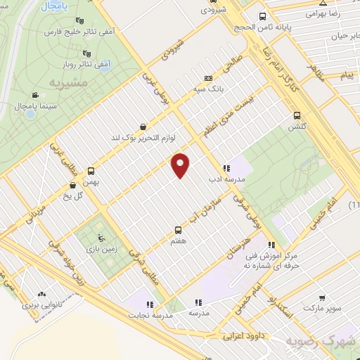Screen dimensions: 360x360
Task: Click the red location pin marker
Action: pyautogui.click(x=181, y=165)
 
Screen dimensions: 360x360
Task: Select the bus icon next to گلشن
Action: pyautogui.click(x=296, y=115)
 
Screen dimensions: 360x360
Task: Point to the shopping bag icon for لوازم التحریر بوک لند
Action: pyautogui.click(x=144, y=127)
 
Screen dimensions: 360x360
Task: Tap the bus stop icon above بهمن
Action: pyautogui.click(x=91, y=171)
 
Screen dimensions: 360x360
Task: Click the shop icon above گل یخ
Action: pyautogui.click(x=74, y=186)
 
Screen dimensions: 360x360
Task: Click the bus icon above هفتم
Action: pyautogui.click(x=176, y=230)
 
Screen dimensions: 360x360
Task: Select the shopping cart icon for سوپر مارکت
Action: pyautogui.click(x=322, y=297)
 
